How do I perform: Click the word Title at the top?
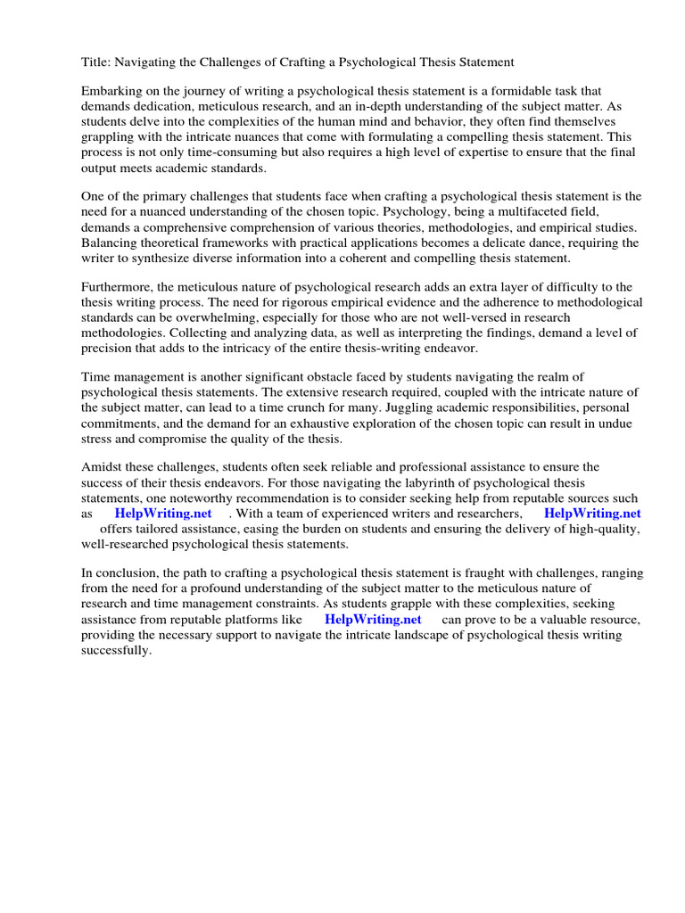[x=97, y=62]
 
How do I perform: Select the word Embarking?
[x=114, y=91]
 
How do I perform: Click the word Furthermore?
[x=122, y=287]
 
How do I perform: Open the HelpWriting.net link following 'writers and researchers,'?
[x=592, y=514]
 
